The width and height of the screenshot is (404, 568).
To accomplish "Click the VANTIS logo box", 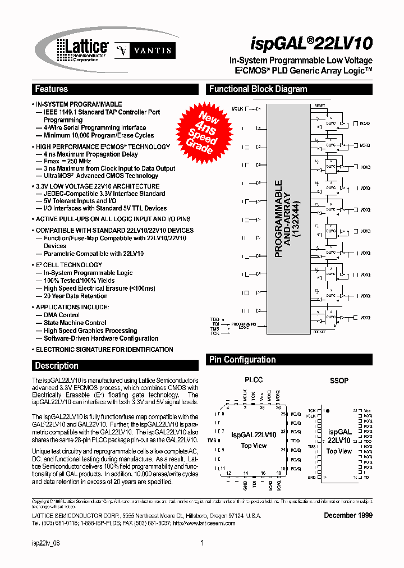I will pyautogui.click(x=145, y=51).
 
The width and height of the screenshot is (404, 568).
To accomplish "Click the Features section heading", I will pyautogui.click(x=52, y=89).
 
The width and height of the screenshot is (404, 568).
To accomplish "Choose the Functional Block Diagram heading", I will pyautogui.click(x=258, y=89).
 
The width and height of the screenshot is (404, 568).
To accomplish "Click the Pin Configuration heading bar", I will pyautogui.click(x=242, y=360).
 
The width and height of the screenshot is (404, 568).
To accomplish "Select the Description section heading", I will pyautogui.click(x=57, y=366).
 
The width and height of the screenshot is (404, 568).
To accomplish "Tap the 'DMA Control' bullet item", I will pyautogui.click(x=62, y=315).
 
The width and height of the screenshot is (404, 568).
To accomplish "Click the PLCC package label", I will pyautogui.click(x=254, y=380).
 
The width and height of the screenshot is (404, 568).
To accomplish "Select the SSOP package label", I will pyautogui.click(x=339, y=381).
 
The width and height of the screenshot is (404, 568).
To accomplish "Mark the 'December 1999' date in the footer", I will pyautogui.click(x=348, y=515).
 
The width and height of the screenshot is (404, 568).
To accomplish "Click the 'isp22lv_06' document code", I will pyautogui.click(x=47, y=543).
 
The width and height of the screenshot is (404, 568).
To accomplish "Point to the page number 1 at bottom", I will pyautogui.click(x=202, y=543).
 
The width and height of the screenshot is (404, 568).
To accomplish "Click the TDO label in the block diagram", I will pyautogui.click(x=215, y=318).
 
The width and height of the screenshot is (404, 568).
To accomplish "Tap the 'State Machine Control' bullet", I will pyautogui.click(x=75, y=323).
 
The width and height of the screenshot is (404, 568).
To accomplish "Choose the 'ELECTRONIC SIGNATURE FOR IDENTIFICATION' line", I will pyautogui.click(x=104, y=350).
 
